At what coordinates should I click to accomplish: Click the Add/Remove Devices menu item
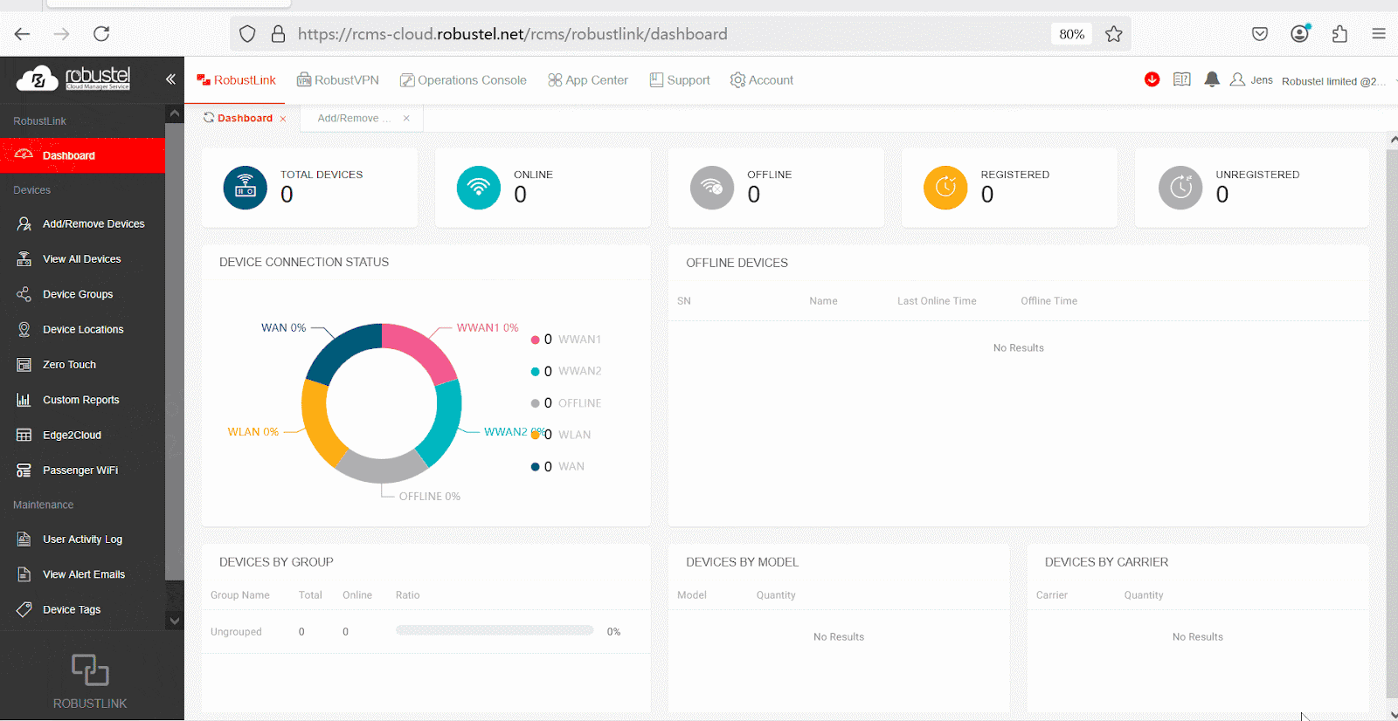93,224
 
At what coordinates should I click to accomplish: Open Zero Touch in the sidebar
69,365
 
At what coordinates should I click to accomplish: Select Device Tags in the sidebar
71,610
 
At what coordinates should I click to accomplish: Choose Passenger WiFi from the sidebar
80,470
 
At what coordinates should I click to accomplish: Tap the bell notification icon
1211,79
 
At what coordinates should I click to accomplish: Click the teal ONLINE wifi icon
478,188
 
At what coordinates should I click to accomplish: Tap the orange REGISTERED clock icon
945,188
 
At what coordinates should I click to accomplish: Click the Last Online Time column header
937,301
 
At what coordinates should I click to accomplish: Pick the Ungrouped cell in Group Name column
236,632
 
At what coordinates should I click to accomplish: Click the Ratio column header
407,595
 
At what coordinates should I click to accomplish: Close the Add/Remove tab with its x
406,119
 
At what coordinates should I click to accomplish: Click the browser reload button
101,34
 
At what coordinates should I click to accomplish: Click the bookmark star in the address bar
1113,34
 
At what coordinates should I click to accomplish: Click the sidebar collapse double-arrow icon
170,79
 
